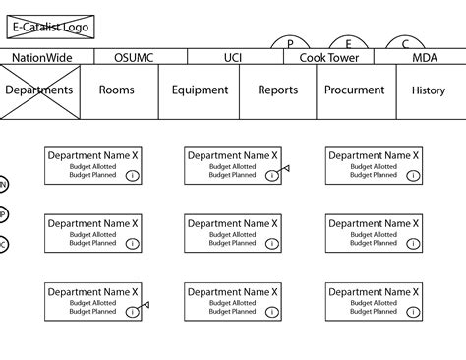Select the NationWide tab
[x=40, y=57]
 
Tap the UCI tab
[x=232, y=57]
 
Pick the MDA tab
[x=424, y=57]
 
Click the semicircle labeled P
[x=290, y=44]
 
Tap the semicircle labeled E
[x=348, y=44]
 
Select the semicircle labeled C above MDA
[x=405, y=44]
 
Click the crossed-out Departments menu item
[x=39, y=90]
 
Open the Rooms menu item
[x=117, y=90]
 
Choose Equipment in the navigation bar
[x=200, y=90]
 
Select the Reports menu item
[x=278, y=90]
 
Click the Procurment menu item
[x=355, y=90]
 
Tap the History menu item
[x=428, y=90]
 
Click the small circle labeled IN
[x=3, y=184]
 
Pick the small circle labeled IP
[x=3, y=214]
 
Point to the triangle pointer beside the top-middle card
[x=285, y=169]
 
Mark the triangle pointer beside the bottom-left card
[x=145, y=306]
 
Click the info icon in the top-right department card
[x=412, y=175]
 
